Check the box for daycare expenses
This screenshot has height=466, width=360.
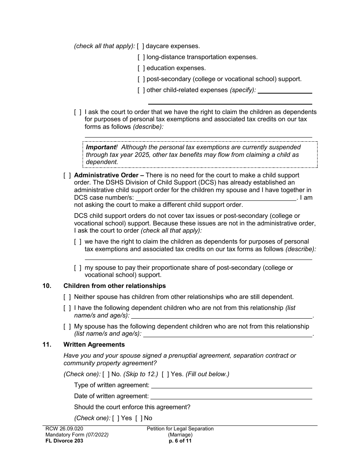[x=141, y=46]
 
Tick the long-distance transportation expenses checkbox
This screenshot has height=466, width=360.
[x=141, y=57]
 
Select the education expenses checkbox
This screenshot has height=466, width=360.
[x=141, y=68]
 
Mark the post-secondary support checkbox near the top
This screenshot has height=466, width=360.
[x=141, y=79]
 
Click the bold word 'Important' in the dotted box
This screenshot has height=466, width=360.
[x=101, y=147]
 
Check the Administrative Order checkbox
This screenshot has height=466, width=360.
[x=67, y=175]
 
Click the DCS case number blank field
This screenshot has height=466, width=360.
[x=216, y=198]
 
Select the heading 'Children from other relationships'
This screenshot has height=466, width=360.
[x=114, y=286]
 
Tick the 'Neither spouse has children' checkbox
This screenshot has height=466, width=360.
[x=67, y=297]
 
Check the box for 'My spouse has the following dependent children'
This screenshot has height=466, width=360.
[x=67, y=327]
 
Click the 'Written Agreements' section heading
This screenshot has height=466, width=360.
[x=94, y=345]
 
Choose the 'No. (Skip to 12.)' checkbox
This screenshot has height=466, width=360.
[x=106, y=374]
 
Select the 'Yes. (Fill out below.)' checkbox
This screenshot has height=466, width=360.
[x=165, y=374]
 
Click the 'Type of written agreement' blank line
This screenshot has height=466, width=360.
[x=232, y=386]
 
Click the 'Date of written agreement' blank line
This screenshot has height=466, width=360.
[x=231, y=397]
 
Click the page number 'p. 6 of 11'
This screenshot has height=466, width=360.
[x=180, y=441]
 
